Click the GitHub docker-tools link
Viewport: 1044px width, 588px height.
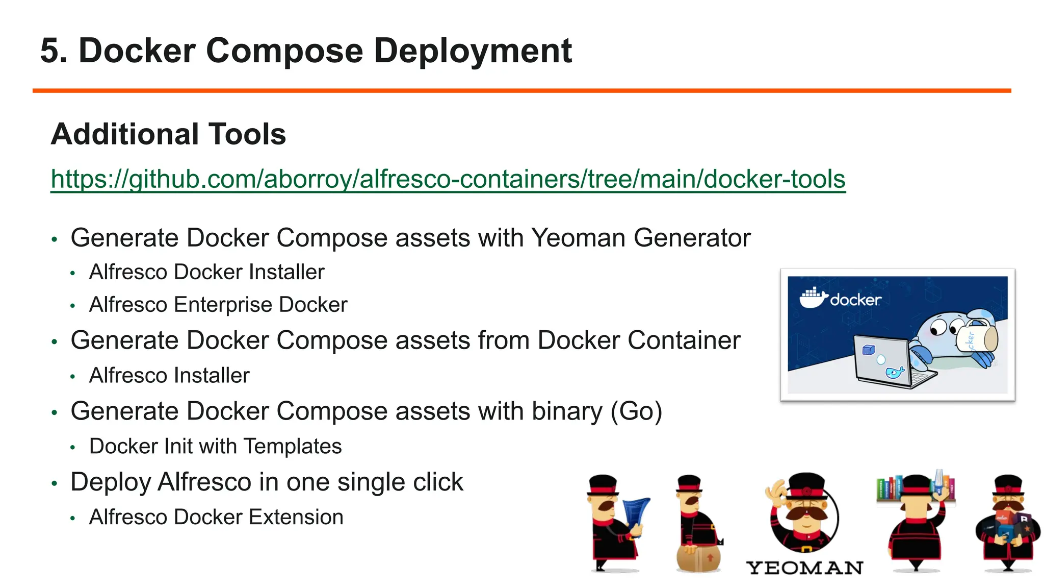448,179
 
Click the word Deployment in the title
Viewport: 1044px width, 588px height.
473,51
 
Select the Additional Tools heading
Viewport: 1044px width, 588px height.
168,134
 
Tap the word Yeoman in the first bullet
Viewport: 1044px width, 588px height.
578,238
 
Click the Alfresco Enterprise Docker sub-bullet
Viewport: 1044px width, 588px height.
218,305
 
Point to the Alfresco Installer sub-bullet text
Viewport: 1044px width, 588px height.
169,376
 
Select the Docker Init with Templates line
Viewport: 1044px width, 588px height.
215,447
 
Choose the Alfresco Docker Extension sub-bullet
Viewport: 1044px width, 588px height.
216,517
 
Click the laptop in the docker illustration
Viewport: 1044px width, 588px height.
887,362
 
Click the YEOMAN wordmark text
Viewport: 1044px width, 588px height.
804,568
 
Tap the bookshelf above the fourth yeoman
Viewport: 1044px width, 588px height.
915,487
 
